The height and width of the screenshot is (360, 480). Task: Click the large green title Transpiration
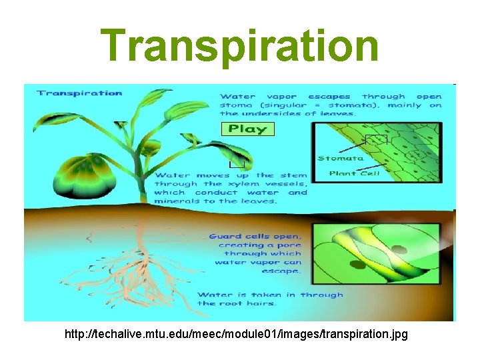240,45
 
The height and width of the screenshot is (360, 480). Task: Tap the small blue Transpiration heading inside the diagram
80,93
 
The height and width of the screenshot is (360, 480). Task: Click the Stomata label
340,159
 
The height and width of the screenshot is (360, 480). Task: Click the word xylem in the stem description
243,184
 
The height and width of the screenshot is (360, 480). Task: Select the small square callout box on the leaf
237,161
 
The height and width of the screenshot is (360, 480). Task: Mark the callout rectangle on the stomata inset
376,139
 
